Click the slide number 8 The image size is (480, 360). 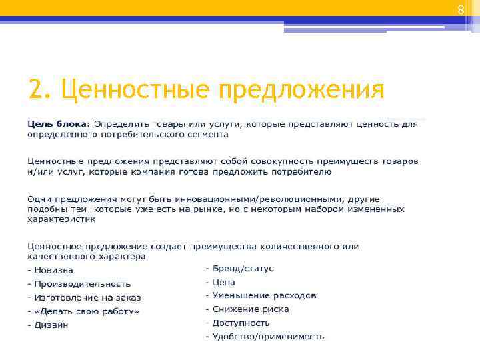[459, 9]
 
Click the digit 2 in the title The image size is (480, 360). [36, 89]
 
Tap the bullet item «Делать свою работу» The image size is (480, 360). [87, 311]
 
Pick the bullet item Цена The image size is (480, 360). [224, 282]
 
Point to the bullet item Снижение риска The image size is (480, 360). [251, 309]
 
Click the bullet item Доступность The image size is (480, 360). [241, 323]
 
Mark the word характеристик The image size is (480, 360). [61, 218]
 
